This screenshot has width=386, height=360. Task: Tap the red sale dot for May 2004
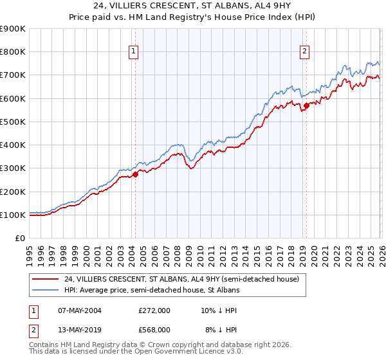(136, 174)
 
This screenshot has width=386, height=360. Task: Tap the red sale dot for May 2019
(306, 106)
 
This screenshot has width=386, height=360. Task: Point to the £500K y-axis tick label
(13, 122)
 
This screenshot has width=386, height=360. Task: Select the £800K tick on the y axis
(13, 52)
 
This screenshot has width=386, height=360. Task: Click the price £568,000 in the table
(154, 329)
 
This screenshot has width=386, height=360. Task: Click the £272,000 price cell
(154, 310)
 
